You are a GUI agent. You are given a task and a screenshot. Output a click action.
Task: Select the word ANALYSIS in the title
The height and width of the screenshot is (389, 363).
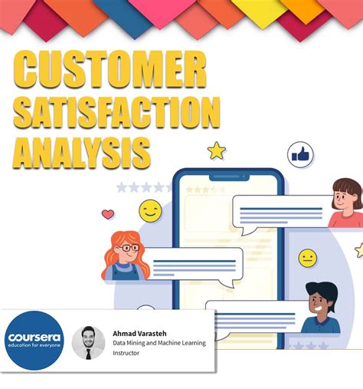click(82, 152)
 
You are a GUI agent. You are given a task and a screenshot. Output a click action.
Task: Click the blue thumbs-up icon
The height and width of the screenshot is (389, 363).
click(300, 154)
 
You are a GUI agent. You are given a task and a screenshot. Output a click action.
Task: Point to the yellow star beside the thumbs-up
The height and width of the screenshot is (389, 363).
click(217, 150)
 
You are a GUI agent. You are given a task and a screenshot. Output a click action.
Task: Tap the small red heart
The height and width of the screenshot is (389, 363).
click(108, 214)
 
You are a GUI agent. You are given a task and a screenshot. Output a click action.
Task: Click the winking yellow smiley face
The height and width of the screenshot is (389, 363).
click(150, 210)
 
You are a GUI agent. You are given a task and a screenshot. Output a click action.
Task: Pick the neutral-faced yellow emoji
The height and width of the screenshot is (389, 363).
click(308, 258)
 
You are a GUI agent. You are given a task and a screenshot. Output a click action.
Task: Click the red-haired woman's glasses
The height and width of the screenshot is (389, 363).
click(129, 249)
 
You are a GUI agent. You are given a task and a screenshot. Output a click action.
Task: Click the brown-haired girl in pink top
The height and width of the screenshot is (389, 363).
click(346, 203)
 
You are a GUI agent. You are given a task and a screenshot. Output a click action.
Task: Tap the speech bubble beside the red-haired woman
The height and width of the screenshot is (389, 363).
click(194, 265)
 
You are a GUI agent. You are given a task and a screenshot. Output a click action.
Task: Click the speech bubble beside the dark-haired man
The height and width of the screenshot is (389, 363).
click(253, 317)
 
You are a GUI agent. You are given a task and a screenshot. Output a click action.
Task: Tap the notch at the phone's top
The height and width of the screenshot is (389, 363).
click(228, 176)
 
